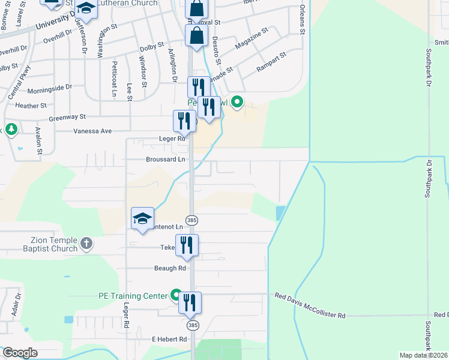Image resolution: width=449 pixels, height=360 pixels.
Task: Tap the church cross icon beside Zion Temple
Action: tap(86, 244)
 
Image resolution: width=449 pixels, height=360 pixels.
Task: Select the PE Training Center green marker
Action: tap(176, 295)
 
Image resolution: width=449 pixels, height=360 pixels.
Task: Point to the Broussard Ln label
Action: tap(166, 160)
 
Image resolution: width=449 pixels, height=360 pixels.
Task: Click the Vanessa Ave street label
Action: tap(92, 131)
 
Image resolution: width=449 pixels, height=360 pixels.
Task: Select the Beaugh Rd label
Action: tap(169, 268)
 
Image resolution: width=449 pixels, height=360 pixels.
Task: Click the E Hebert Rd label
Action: tap(169, 340)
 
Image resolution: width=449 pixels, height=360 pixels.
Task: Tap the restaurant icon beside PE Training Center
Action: tap(190, 302)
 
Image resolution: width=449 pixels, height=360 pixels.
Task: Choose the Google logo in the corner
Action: tap(20, 353)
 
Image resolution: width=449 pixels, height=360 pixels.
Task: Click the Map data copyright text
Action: tap(424, 355)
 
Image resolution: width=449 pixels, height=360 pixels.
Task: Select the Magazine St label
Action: tap(252, 38)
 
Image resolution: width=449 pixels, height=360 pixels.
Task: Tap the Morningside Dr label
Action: tap(49, 88)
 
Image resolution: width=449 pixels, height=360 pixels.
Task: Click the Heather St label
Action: tap(31, 106)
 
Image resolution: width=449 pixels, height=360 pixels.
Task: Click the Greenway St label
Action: tap(67, 117)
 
